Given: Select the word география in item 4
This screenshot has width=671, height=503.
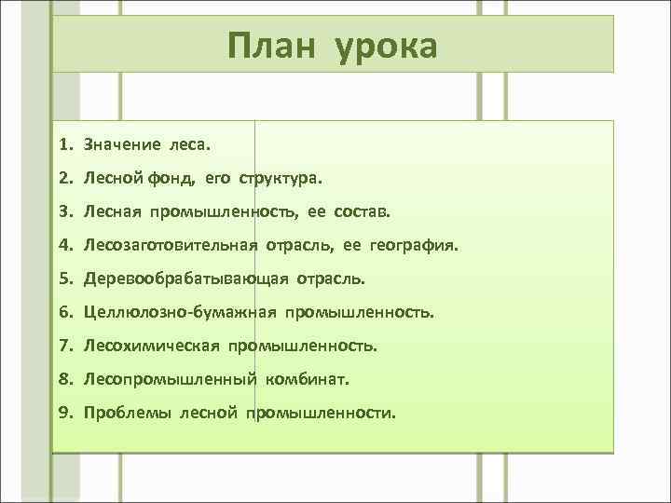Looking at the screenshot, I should click(x=413, y=245).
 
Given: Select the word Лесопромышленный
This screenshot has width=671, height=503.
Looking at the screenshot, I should click(x=157, y=379).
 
